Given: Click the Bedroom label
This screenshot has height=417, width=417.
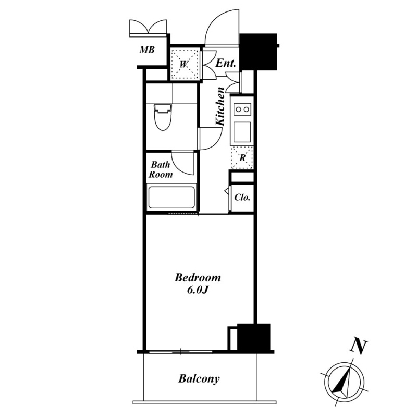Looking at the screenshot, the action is point(198,278).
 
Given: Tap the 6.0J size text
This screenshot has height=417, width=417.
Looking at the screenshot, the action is point(198,290).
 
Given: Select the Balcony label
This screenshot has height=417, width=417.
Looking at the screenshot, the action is point(199,379).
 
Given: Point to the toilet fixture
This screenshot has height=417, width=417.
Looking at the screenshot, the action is point(163,117).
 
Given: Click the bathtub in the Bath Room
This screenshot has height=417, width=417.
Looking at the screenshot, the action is point(171,198).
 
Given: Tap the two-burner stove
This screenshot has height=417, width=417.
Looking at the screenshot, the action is point(242,109).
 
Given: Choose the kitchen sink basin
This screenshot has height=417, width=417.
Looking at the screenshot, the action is point(242,132).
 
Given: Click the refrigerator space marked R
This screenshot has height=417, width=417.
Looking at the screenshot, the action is point(242,157).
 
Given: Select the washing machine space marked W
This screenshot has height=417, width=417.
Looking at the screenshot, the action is point(185,64).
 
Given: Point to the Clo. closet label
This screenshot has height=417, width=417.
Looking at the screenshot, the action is point(242,198).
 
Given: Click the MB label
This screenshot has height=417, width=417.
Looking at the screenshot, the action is point(147,50).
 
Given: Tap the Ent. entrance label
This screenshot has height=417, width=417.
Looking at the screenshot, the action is point(226,63).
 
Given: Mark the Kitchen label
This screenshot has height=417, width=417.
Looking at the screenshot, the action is point(220,106).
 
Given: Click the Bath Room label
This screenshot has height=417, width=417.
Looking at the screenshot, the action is point(161,169).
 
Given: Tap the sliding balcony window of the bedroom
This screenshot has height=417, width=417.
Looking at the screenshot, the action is point(181,352).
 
